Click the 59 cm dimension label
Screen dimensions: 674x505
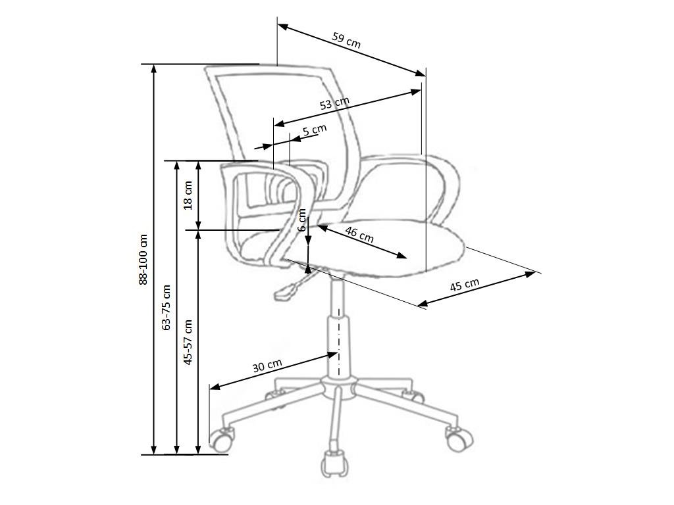point(346,41)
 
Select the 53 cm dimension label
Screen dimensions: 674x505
point(334,103)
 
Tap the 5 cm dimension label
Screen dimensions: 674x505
point(315,130)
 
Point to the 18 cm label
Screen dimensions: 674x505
point(188,195)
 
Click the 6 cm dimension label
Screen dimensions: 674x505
point(302,220)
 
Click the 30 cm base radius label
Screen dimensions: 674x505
point(267,366)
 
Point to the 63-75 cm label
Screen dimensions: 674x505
point(166,307)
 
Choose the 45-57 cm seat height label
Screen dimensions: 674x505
point(188,342)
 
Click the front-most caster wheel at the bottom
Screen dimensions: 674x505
point(334,464)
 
